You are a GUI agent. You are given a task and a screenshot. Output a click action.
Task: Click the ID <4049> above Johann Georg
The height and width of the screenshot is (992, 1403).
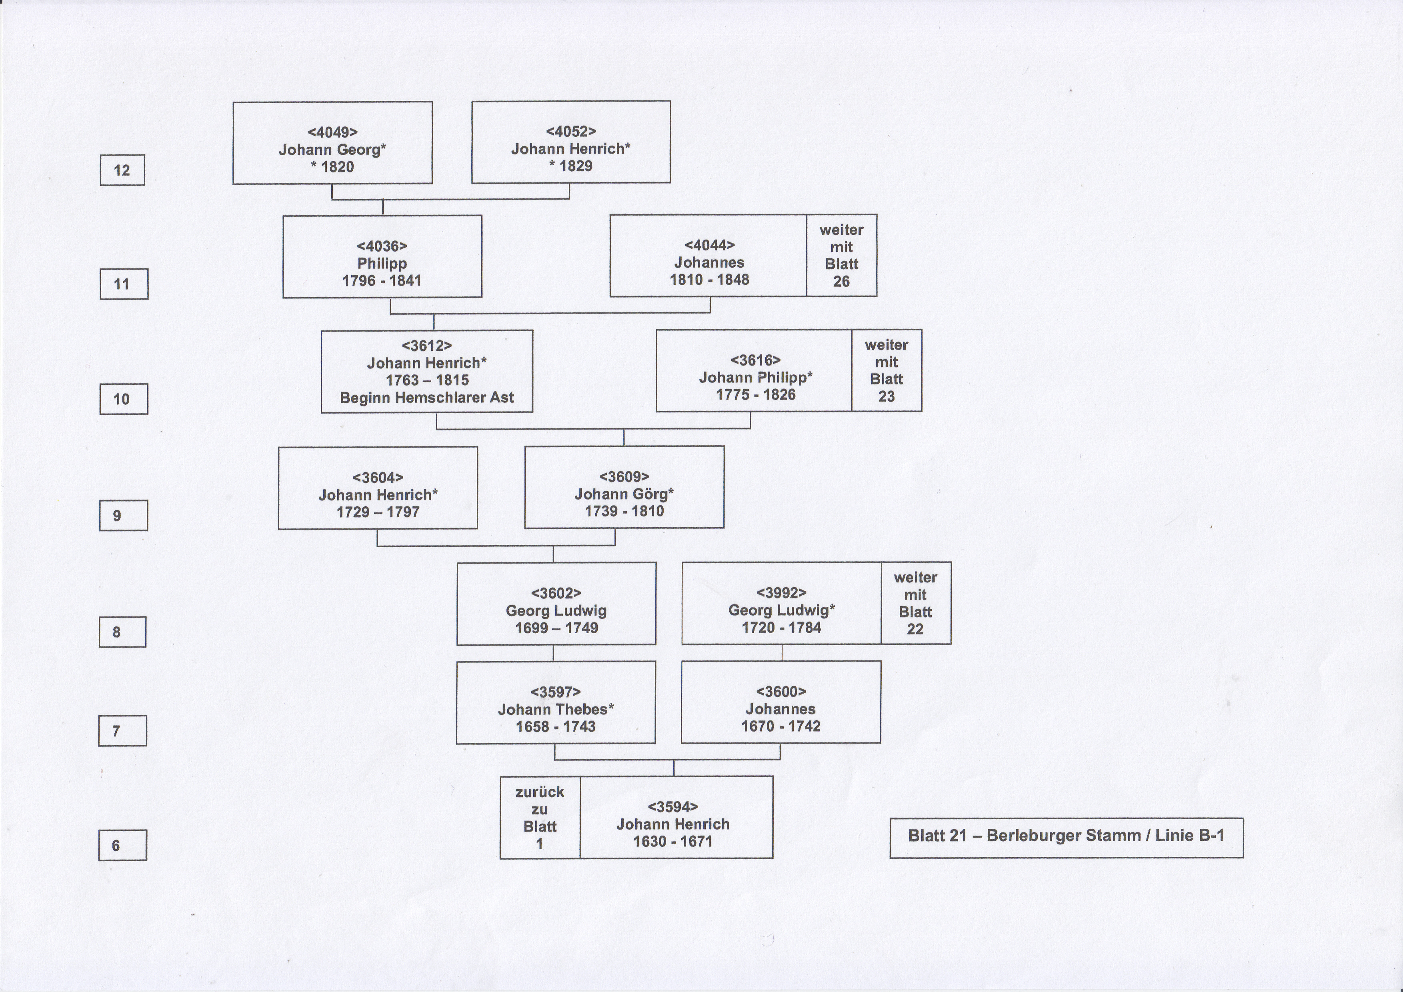pos(332,132)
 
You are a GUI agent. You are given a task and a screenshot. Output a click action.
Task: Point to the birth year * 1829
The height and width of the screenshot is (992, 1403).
pos(571,166)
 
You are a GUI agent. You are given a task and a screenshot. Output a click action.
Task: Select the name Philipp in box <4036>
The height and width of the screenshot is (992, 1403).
pos(382,263)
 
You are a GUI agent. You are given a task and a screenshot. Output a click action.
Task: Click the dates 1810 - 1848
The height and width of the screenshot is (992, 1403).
pos(709,279)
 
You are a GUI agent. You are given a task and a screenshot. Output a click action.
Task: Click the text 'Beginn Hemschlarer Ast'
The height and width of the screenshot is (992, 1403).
pos(426,398)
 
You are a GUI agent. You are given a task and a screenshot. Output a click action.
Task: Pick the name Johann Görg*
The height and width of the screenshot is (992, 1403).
pos(624,494)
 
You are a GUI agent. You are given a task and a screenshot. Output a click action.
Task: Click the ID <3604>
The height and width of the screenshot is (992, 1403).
pos(378,477)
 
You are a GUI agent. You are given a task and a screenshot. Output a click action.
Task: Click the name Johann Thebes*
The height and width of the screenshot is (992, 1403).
pos(555,709)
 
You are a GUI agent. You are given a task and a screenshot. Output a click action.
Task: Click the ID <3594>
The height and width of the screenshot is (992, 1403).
pos(673,807)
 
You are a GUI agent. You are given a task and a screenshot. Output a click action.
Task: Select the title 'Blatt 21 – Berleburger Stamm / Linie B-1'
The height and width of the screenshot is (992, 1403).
pos(1066,836)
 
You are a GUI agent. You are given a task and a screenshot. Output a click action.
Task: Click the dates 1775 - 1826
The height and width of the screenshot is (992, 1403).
pos(756,395)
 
